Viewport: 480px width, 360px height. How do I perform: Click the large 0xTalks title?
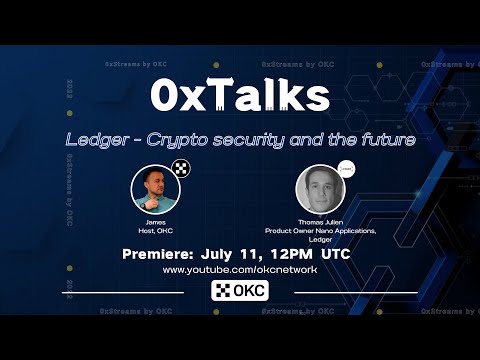(240, 97)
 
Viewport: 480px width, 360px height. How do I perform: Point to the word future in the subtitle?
(381, 141)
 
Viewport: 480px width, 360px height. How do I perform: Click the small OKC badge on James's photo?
(181, 169)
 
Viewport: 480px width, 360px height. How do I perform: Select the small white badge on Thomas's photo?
(344, 170)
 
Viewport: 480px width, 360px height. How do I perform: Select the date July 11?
(244, 256)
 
